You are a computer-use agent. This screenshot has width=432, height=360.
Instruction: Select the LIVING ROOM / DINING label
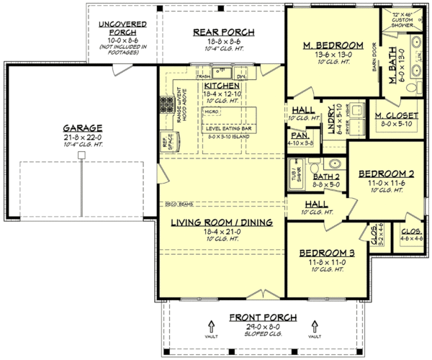click(x=221, y=223)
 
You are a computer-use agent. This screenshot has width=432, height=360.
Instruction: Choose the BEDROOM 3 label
click(x=323, y=253)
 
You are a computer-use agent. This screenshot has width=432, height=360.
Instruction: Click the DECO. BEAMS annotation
click(x=177, y=204)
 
